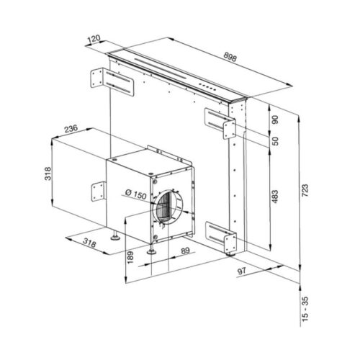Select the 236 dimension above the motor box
pos(71,129)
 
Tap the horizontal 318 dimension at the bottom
pos(91,243)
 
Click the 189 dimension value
pos(130,255)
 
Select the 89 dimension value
pos(185,251)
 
